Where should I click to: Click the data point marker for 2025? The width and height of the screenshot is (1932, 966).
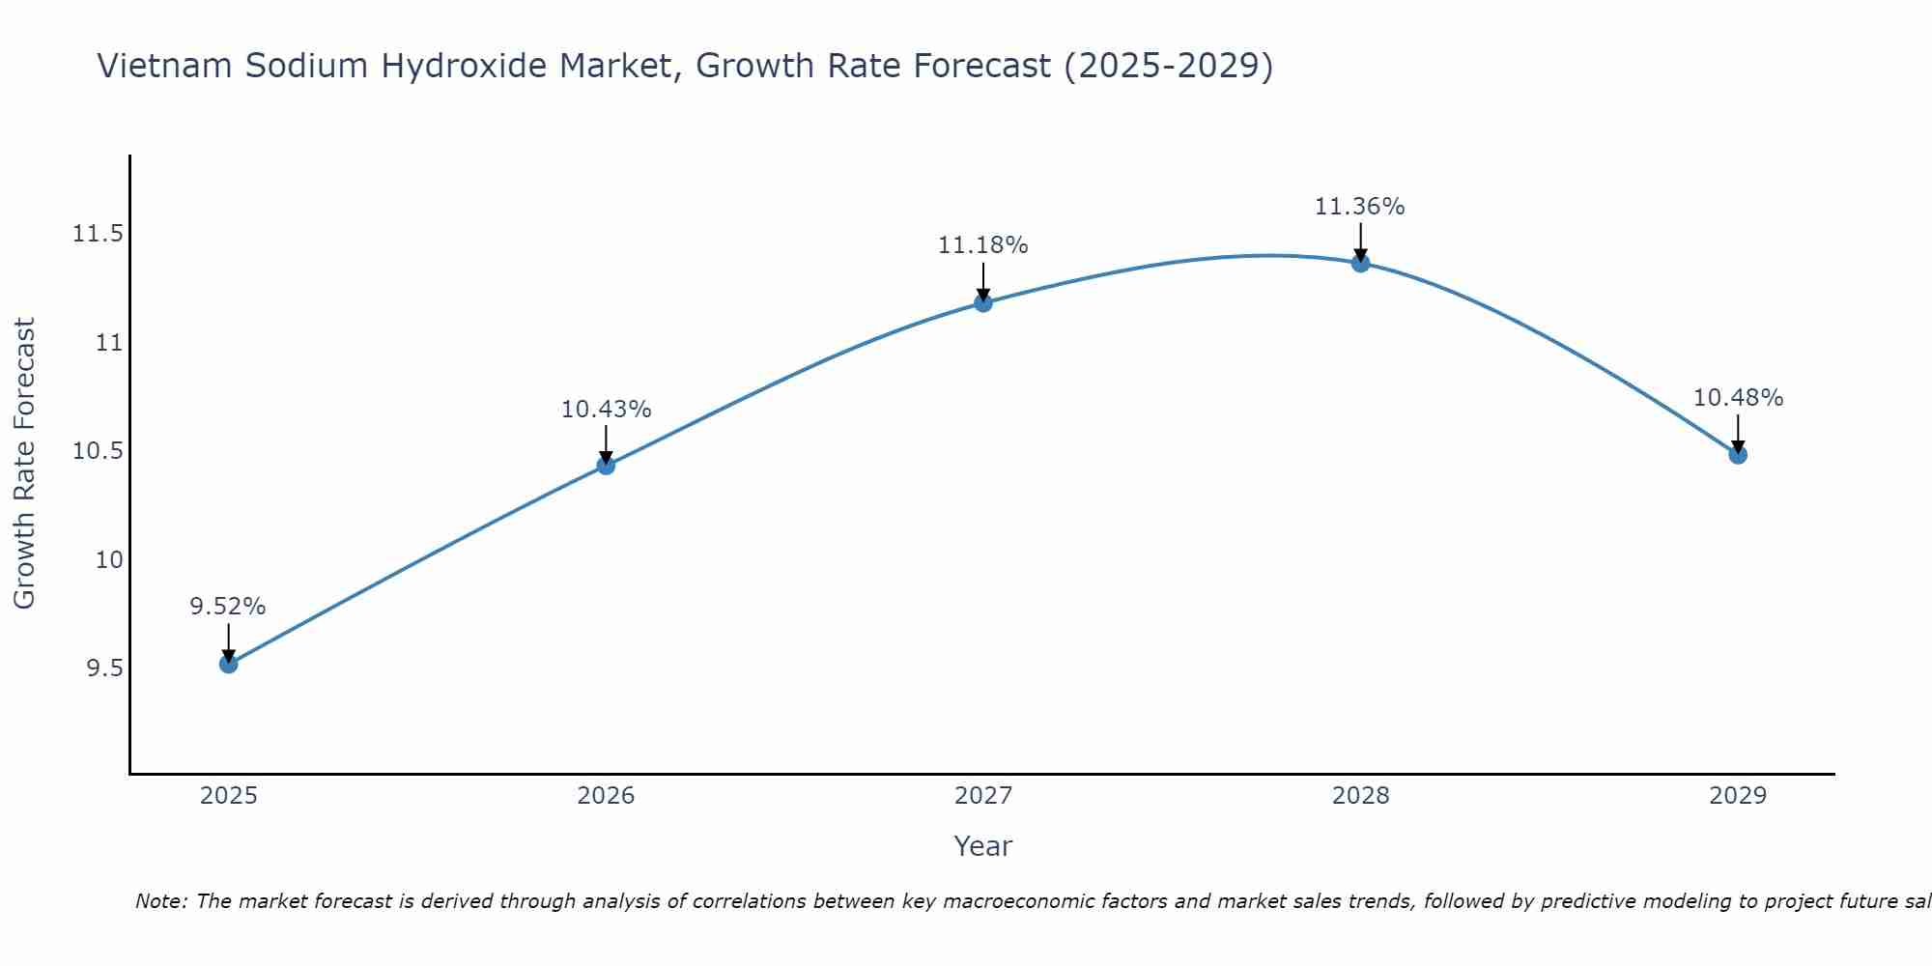pos(228,664)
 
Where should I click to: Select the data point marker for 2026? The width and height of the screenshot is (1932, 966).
pos(606,466)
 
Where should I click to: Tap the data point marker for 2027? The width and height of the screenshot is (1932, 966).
pos(983,302)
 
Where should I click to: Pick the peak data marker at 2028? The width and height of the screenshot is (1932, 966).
pos(1360,263)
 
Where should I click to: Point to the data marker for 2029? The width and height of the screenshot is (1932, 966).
pos(1738,454)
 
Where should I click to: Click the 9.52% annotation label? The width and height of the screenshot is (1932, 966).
pos(228,607)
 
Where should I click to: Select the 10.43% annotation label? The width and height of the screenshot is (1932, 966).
pos(606,410)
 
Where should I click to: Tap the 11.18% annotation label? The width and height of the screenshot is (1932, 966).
pos(983,245)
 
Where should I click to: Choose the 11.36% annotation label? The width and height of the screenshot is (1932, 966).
pos(1360,207)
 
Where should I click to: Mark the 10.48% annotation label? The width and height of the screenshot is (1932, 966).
pos(1738,398)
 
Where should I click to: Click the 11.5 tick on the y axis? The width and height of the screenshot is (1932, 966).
pos(98,235)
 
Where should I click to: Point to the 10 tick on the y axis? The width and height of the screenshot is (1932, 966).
pos(109,560)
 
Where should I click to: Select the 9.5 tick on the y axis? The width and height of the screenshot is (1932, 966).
pos(104,668)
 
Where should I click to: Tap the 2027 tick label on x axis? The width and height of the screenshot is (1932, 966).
pos(983,796)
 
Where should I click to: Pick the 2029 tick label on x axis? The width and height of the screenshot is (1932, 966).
pos(1738,796)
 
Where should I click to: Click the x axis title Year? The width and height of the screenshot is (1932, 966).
pos(983,846)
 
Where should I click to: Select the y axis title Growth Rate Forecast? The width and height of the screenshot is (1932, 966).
pos(25,464)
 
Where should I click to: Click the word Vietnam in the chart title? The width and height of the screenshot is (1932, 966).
pos(165,66)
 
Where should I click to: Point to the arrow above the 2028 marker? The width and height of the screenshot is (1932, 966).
pos(1360,241)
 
